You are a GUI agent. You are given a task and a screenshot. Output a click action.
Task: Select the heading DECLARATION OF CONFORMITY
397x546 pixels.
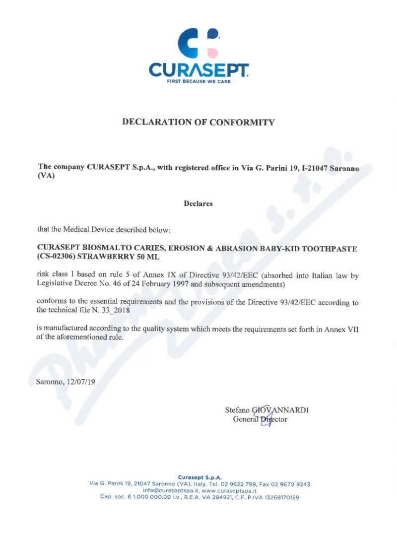(x=198, y=122)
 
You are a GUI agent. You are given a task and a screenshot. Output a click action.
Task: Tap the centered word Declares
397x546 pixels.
(x=198, y=204)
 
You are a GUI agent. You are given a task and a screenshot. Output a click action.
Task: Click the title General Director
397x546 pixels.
(x=260, y=419)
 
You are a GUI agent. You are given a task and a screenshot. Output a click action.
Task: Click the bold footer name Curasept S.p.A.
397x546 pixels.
(x=199, y=478)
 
